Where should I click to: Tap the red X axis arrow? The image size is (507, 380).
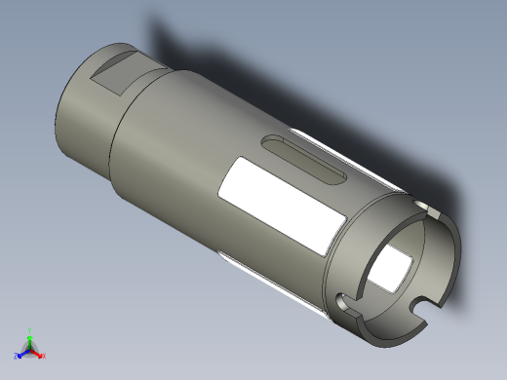38,354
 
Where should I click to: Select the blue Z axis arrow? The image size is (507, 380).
22,352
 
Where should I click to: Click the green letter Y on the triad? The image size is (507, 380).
29,330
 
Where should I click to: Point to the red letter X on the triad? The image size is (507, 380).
44,356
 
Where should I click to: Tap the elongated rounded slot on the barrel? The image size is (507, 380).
302,159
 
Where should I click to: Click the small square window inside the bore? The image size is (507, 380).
393,270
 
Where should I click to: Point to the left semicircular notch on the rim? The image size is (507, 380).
343,302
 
